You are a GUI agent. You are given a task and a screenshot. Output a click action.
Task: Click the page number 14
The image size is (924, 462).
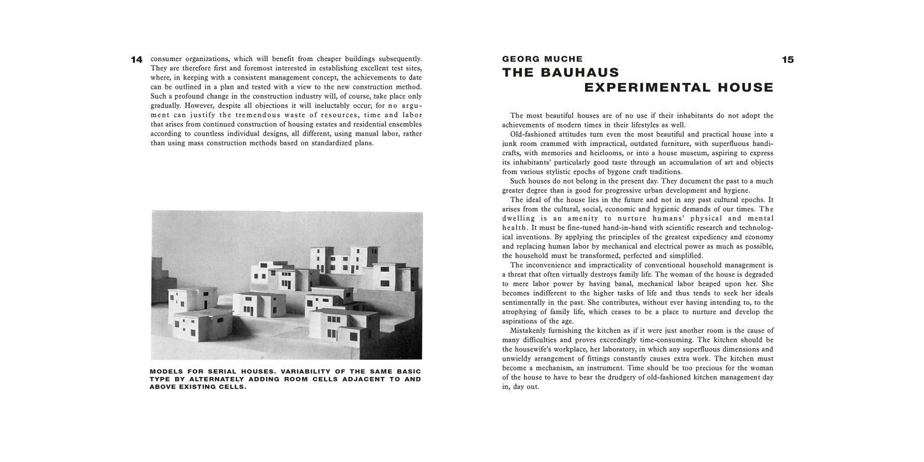(137, 60)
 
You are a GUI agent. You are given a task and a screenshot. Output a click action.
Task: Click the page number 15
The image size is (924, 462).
(788, 60)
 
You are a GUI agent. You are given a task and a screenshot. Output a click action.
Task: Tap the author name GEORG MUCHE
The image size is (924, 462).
(542, 59)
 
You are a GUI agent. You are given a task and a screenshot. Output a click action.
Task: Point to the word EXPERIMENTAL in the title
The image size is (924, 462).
(639, 87)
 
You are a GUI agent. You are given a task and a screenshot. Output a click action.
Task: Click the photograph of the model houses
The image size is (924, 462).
(287, 285)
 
